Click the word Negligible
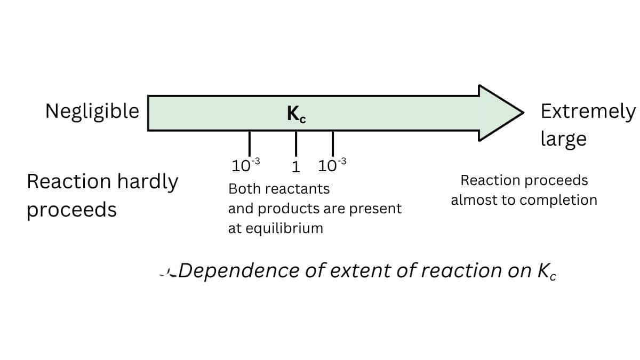[92, 111]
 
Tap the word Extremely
[588, 112]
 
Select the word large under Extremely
[564, 139]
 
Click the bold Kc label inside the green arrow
[297, 114]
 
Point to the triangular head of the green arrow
[497, 113]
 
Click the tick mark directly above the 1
[296, 143]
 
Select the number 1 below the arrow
[296, 167]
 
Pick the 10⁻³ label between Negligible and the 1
[246, 165]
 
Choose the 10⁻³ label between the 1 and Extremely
[332, 165]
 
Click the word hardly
[148, 182]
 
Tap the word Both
[244, 189]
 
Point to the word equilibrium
[284, 229]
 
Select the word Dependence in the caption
[239, 270]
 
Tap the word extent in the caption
[360, 271]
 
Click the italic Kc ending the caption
[547, 271]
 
